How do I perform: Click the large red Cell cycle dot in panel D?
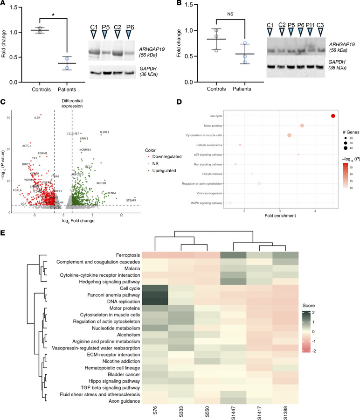[x=333, y=116]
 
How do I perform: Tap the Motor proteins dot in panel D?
[x=302, y=126]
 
